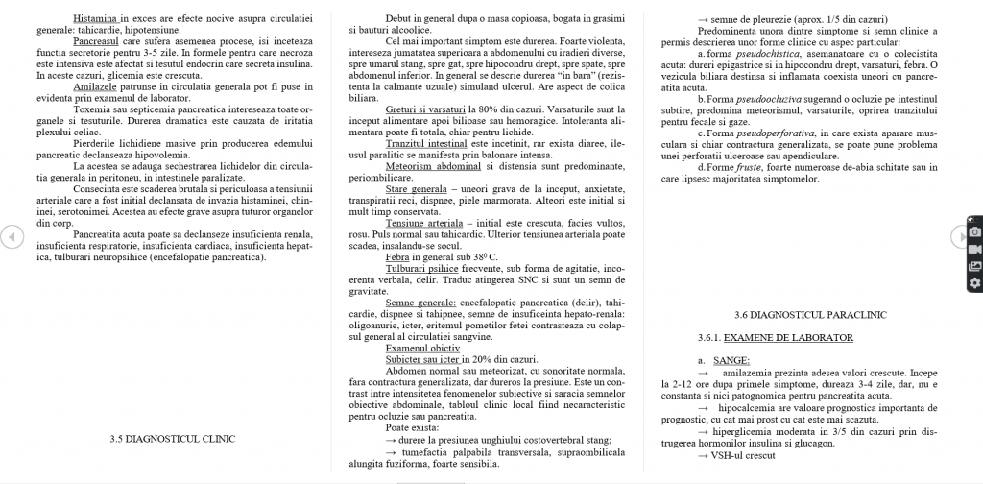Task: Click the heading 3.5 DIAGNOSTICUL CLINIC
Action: coord(173,439)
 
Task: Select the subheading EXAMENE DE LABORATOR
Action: coord(788,337)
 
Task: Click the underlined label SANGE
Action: coord(731,359)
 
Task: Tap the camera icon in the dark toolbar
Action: coord(974,232)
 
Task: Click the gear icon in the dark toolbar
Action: coord(974,282)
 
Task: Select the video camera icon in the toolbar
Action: coord(974,249)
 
